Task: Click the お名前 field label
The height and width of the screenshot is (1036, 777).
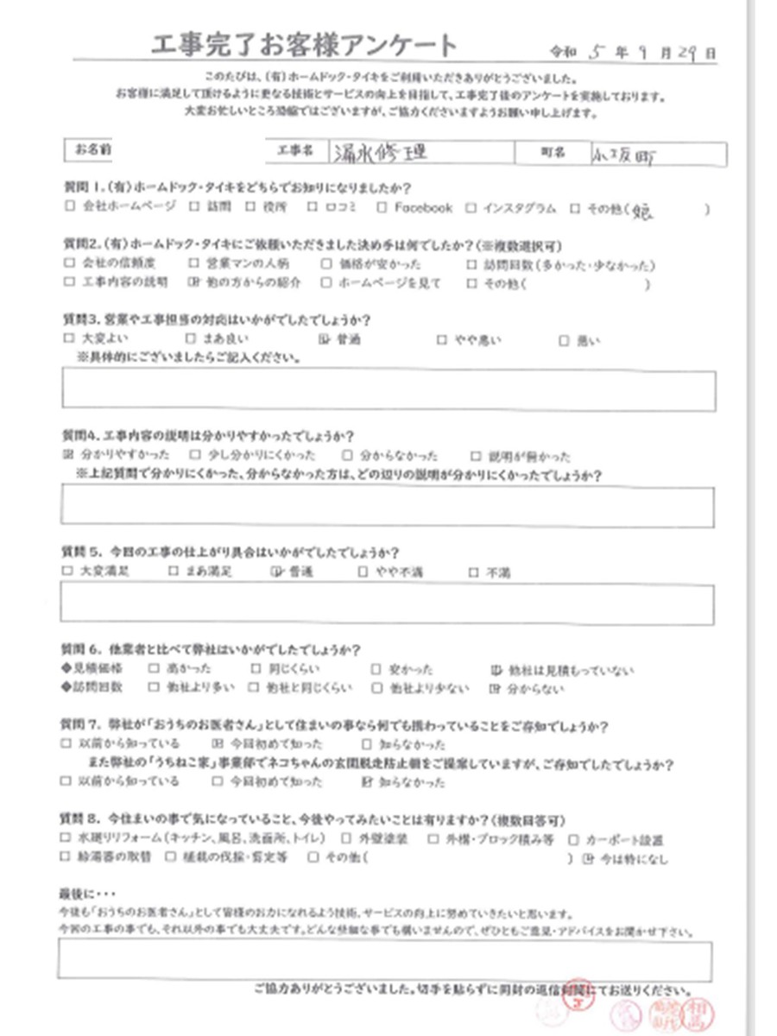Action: [x=92, y=150]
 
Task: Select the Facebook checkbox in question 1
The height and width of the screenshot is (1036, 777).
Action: [x=382, y=208]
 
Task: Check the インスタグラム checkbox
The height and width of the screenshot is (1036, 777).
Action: [x=471, y=208]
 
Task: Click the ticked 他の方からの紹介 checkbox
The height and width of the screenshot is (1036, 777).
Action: [x=193, y=282]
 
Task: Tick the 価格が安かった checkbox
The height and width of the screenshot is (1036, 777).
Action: [x=325, y=265]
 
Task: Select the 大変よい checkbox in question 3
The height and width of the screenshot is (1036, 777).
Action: [x=68, y=340]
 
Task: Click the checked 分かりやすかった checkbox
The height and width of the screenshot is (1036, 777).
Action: [x=68, y=456]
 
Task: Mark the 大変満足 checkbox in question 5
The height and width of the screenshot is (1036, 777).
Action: [x=68, y=572]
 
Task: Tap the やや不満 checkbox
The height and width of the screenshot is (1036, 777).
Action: [x=363, y=572]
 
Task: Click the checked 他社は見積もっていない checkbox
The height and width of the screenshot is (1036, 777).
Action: [x=496, y=669]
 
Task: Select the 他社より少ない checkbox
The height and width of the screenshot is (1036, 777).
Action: [x=376, y=688]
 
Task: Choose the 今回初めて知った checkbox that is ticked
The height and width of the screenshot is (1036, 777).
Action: [x=217, y=743]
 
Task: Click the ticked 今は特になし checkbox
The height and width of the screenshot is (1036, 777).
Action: [x=588, y=859]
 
